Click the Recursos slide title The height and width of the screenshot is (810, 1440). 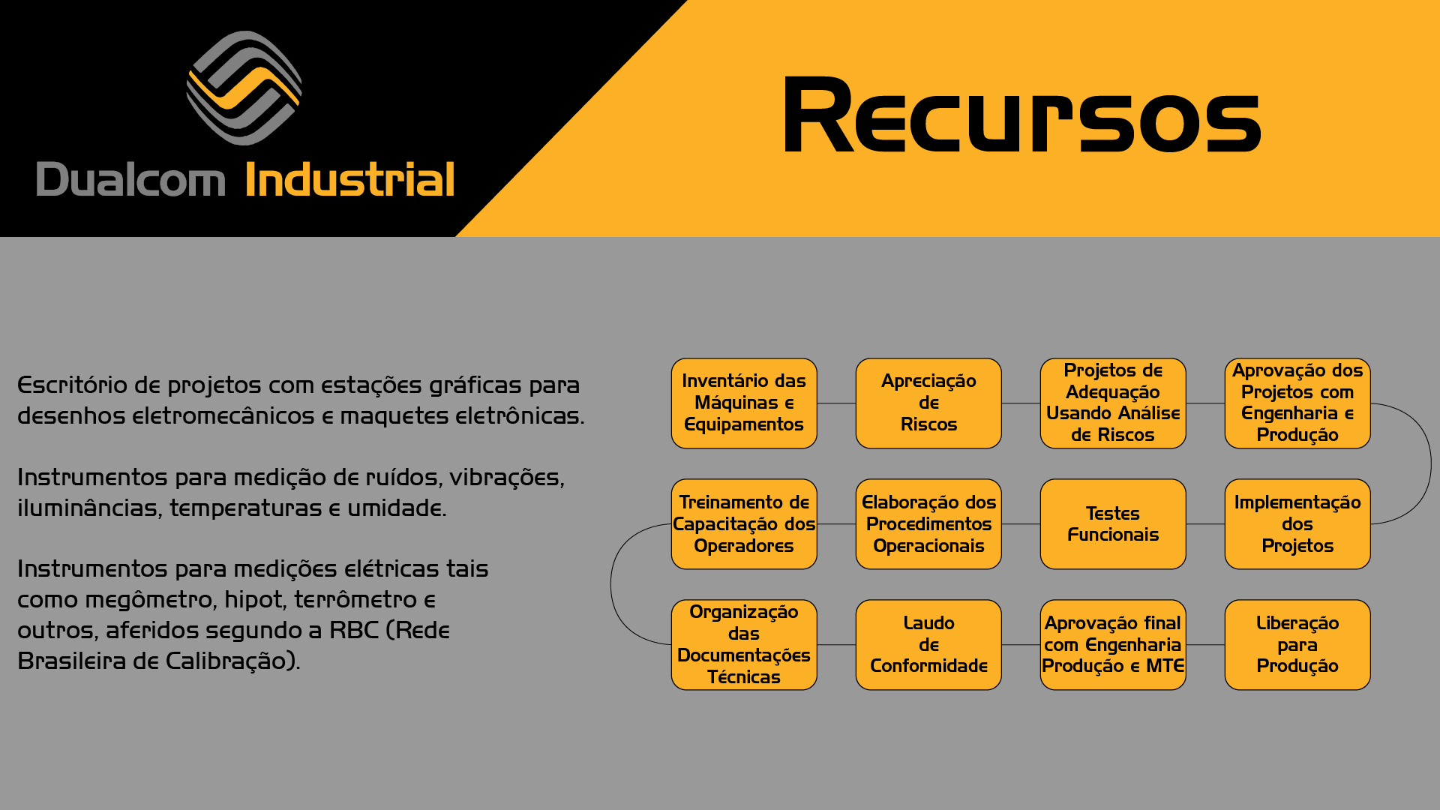click(1021, 116)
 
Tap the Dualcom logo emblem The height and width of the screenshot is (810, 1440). click(244, 88)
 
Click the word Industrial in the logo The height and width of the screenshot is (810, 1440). click(349, 180)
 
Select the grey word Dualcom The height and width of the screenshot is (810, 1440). click(130, 180)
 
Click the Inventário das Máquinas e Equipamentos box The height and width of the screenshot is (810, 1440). click(744, 403)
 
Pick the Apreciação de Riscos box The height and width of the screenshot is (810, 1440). click(928, 403)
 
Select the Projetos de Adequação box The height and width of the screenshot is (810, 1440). click(1113, 403)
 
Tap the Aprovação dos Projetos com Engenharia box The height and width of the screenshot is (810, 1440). click(1297, 403)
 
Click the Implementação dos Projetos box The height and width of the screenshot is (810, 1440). click(1297, 524)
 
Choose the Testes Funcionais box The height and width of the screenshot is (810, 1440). click(1113, 524)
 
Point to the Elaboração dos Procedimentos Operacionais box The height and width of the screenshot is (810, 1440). click(928, 524)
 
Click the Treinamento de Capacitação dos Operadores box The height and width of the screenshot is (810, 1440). click(744, 524)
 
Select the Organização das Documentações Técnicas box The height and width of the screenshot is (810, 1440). click(744, 645)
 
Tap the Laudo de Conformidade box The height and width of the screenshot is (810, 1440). click(928, 645)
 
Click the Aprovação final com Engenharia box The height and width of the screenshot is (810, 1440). click(1113, 645)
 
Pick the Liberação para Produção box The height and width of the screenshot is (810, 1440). click(1297, 645)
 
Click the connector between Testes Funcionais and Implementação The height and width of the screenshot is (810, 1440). click(1205, 524)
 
